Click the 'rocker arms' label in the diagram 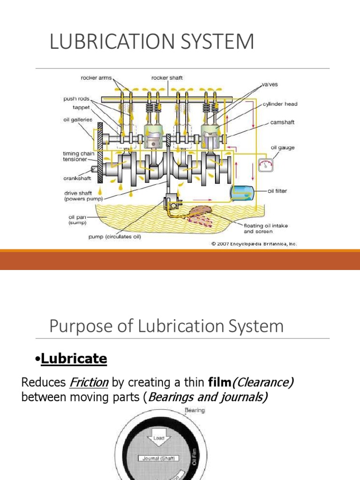96,78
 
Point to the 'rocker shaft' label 167,78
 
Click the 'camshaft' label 283,122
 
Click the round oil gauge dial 266,165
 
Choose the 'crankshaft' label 77,178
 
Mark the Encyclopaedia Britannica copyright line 254,244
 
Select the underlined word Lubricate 74,359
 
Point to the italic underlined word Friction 89,382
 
